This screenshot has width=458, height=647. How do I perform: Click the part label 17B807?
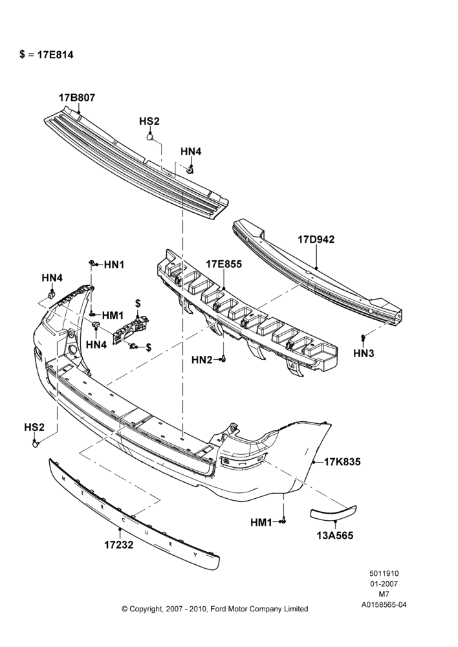(77, 98)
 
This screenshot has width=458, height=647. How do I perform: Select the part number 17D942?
(316, 239)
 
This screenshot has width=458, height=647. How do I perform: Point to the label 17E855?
(224, 264)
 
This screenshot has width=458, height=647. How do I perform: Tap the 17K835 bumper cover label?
(342, 462)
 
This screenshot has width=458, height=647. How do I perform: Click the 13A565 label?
(335, 536)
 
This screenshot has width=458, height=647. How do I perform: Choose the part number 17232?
(119, 545)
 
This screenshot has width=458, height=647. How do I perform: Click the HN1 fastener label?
(114, 265)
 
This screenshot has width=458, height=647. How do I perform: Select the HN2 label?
(202, 360)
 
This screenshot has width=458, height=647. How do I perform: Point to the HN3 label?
(364, 353)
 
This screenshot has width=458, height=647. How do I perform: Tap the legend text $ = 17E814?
(46, 55)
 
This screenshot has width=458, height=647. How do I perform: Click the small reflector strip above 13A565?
(333, 512)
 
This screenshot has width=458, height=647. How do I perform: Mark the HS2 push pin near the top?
(151, 136)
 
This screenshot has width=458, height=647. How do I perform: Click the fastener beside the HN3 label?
(363, 338)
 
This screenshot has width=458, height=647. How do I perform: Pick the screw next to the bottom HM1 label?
(283, 522)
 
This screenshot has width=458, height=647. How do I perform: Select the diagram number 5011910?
(384, 573)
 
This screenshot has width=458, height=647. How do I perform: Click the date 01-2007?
(384, 584)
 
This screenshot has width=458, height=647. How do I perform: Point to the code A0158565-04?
(384, 605)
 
